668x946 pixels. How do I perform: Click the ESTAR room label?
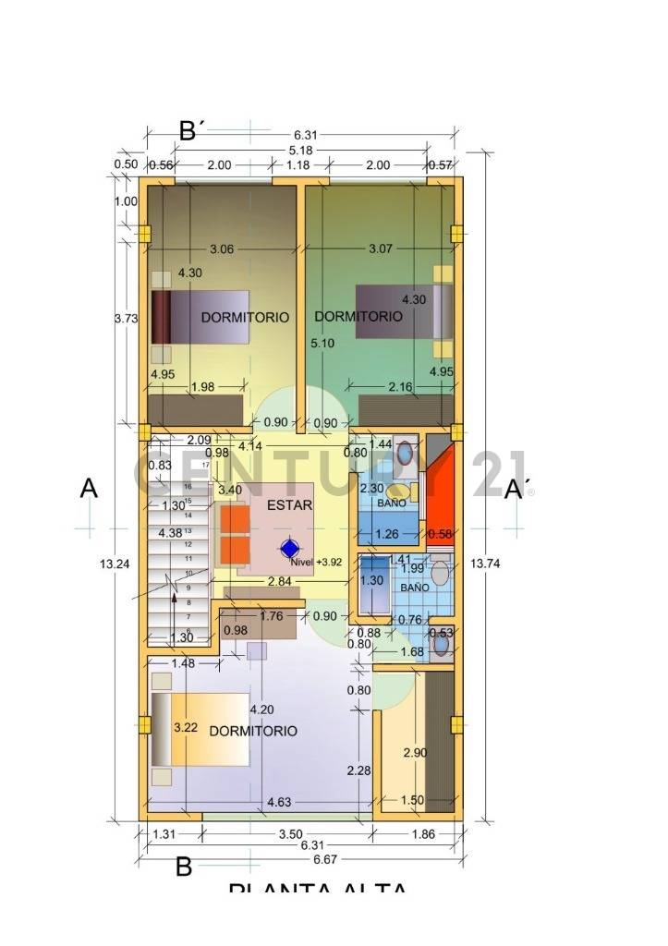(x=289, y=505)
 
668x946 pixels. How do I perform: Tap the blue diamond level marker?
(x=290, y=548)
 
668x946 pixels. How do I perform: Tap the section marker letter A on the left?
(x=89, y=488)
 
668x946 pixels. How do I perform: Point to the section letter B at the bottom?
(x=184, y=867)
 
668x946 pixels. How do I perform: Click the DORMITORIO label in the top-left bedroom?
(x=245, y=317)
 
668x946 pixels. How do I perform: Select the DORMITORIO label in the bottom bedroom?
(x=253, y=731)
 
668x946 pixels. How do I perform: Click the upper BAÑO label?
(x=390, y=503)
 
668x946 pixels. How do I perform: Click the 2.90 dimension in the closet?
(x=415, y=753)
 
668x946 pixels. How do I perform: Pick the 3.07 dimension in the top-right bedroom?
(x=381, y=249)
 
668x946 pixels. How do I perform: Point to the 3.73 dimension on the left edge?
(x=125, y=318)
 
